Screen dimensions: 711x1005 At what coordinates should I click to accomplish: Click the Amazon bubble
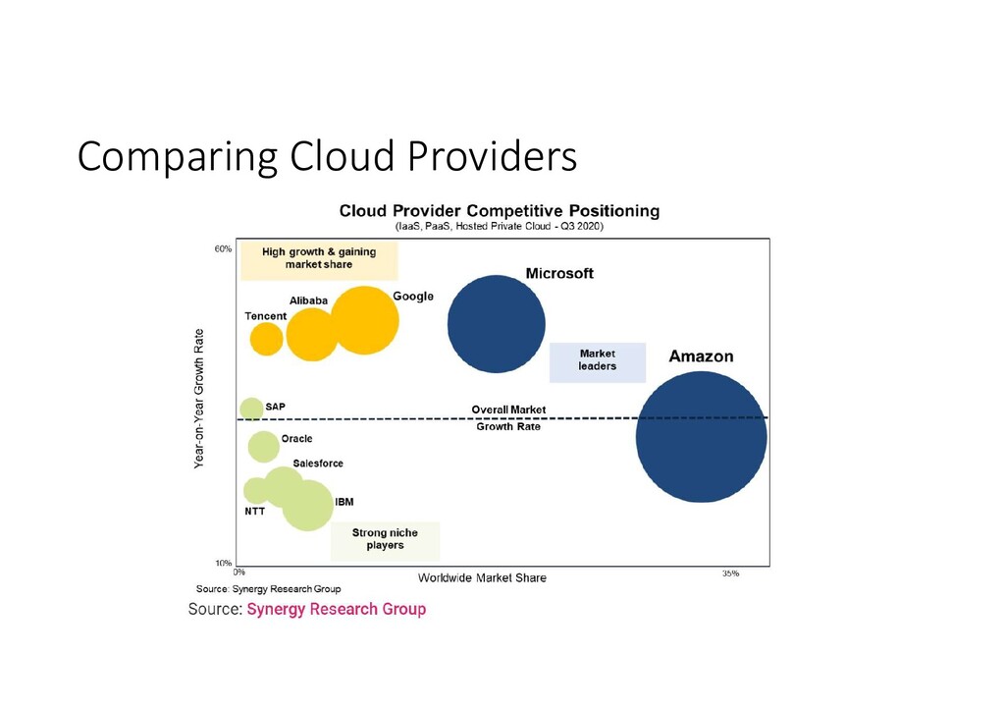tap(701, 438)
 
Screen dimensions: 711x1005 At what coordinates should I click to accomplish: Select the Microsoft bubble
tap(496, 324)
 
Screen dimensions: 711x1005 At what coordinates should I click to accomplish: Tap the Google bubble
tap(365, 320)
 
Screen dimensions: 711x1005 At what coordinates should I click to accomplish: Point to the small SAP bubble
tap(251, 409)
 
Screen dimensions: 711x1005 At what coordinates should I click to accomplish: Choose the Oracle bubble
tap(263, 447)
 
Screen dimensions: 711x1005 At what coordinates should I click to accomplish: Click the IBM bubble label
tap(344, 502)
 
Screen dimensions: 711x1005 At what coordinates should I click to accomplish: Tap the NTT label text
tap(254, 511)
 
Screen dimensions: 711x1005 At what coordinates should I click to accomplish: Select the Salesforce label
tap(318, 464)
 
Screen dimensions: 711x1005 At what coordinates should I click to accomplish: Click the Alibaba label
tap(308, 301)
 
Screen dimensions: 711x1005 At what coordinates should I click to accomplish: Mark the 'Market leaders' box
tap(598, 360)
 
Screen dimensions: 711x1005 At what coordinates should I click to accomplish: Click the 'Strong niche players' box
tap(385, 539)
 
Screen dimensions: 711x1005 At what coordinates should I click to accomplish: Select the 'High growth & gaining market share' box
tap(319, 258)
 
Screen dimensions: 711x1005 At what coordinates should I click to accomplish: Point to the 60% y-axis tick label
tap(223, 249)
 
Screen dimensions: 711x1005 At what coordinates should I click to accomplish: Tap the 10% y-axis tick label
tap(223, 564)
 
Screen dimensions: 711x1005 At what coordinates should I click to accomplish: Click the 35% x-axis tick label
tap(730, 573)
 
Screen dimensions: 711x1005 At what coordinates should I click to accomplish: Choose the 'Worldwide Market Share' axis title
tap(482, 577)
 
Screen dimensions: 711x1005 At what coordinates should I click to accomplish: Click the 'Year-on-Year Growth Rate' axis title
tap(199, 398)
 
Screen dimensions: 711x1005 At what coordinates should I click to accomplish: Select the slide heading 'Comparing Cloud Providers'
tap(327, 156)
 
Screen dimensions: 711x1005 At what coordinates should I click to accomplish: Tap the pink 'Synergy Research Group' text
tap(336, 609)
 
